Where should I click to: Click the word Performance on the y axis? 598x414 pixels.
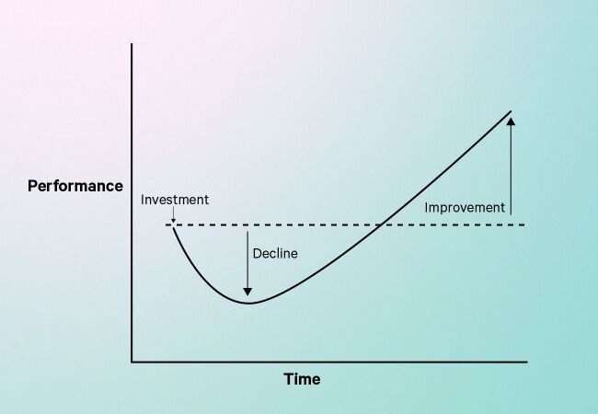75,186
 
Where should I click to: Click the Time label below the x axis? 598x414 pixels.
302,379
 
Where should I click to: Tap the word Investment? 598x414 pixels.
175,200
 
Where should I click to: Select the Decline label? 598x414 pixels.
275,254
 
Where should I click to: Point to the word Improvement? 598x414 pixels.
465,208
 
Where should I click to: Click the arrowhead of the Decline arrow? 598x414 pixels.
247,292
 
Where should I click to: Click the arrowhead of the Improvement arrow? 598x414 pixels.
511,121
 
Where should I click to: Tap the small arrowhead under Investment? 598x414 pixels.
173,221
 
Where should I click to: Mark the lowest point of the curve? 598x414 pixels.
248,303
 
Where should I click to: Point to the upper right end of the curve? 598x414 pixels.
511,111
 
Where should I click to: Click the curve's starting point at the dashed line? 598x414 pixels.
173,226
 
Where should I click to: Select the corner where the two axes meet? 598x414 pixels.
132,362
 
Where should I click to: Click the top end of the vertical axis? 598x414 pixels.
132,44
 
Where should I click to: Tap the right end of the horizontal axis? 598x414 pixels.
527,362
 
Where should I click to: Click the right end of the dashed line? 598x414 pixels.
525,224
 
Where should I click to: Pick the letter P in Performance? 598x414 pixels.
32,186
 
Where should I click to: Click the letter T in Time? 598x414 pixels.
288,379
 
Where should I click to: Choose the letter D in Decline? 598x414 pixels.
257,254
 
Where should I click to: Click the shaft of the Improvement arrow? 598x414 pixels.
511,170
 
